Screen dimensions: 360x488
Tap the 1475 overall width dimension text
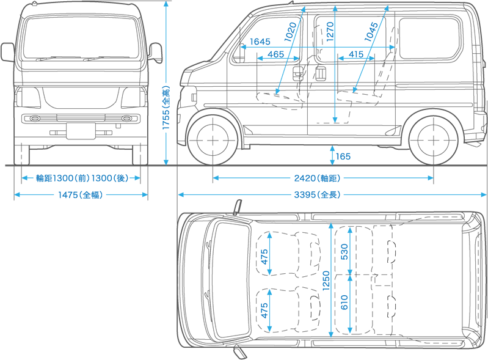click(80, 195)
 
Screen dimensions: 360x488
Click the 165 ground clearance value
click(343, 157)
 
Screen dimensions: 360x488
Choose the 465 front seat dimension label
click(275, 55)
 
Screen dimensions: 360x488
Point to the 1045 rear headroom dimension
click(371, 31)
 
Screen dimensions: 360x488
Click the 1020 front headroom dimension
click(291, 32)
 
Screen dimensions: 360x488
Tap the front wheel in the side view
click(213, 139)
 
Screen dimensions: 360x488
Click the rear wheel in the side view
click(433, 139)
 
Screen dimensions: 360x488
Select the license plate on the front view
click(81, 131)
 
